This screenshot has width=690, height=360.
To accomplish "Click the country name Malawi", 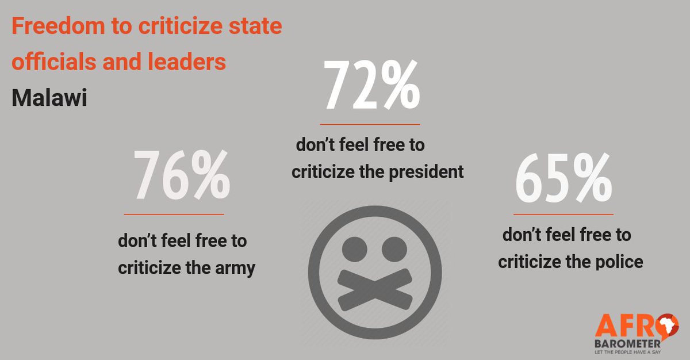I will tap(49, 98).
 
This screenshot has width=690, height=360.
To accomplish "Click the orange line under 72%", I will tap(370, 124).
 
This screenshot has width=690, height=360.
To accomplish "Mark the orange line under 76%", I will tap(182, 215).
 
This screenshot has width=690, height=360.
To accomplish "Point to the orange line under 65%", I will tap(563, 214).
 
